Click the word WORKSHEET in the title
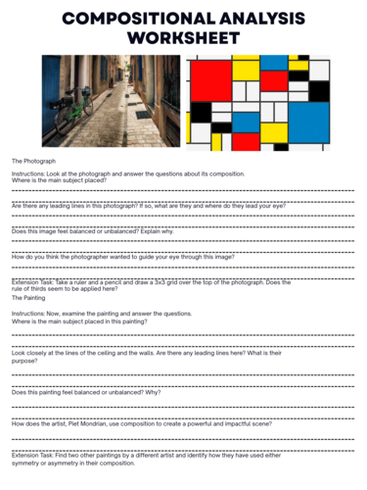(184, 37)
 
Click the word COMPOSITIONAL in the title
(127, 17)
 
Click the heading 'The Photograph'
(33, 160)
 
